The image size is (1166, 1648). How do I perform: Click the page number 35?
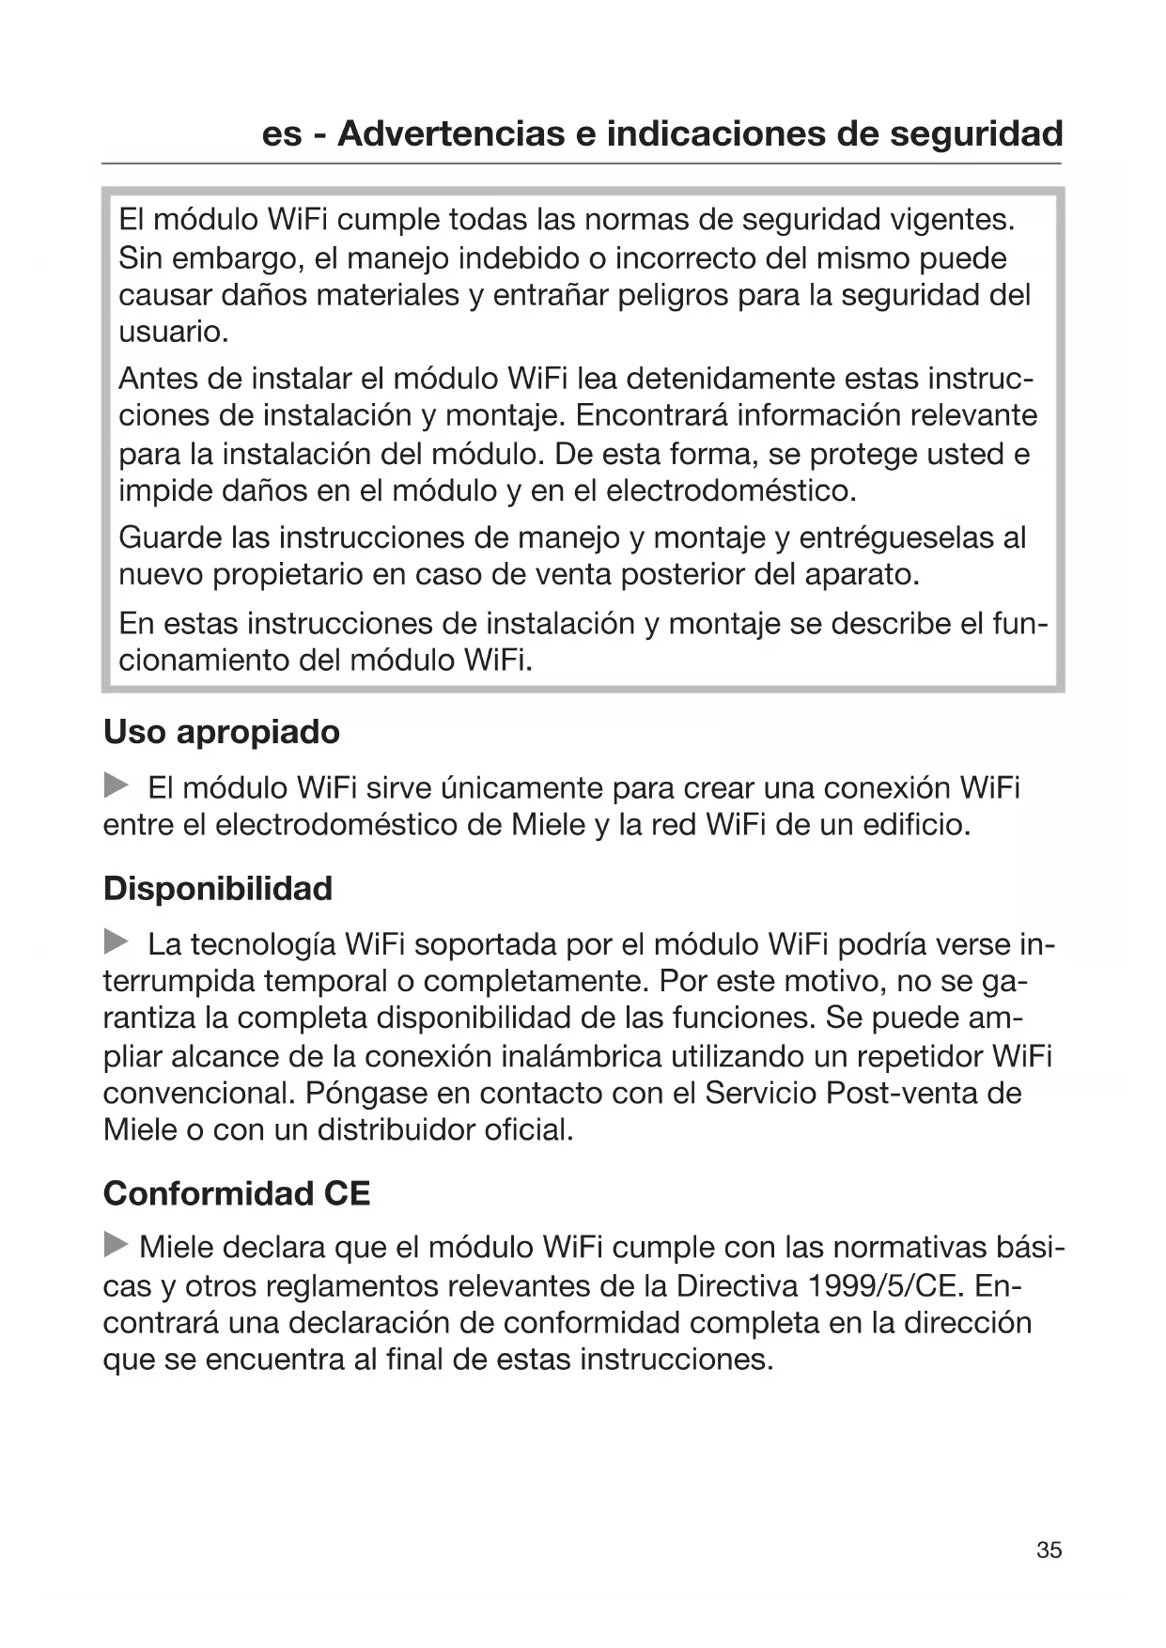coord(1049,1549)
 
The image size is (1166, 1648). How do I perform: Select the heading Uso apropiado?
coord(222,732)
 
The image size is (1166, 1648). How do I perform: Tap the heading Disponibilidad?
coord(218,888)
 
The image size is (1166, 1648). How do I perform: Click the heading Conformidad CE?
coord(237,1193)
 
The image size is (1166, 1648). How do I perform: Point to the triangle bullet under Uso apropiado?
coord(116,785)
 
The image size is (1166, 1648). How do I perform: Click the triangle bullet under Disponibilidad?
coord(116,941)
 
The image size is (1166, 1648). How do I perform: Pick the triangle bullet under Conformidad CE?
coord(116,1246)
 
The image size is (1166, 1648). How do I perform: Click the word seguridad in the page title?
coord(976,133)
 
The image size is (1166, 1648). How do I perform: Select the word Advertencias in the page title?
coord(451,133)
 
